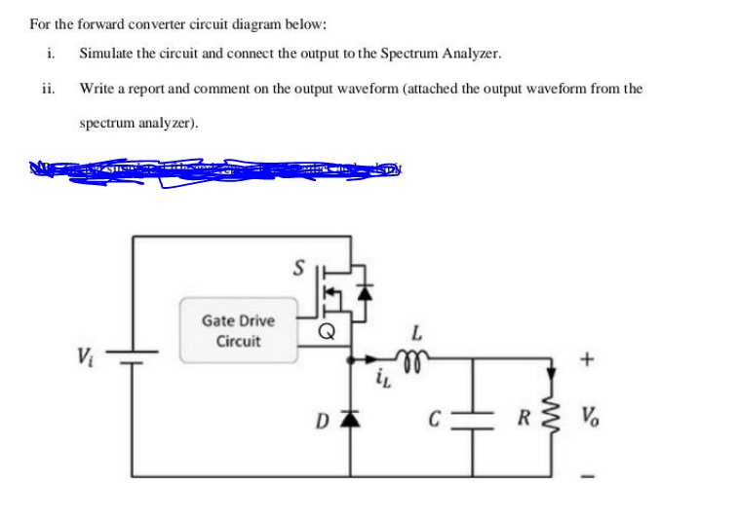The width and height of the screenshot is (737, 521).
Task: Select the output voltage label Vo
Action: tap(592, 421)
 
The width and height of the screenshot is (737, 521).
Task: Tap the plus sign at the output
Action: tap(586, 359)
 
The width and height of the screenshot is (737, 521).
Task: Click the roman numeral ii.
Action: tap(48, 89)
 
